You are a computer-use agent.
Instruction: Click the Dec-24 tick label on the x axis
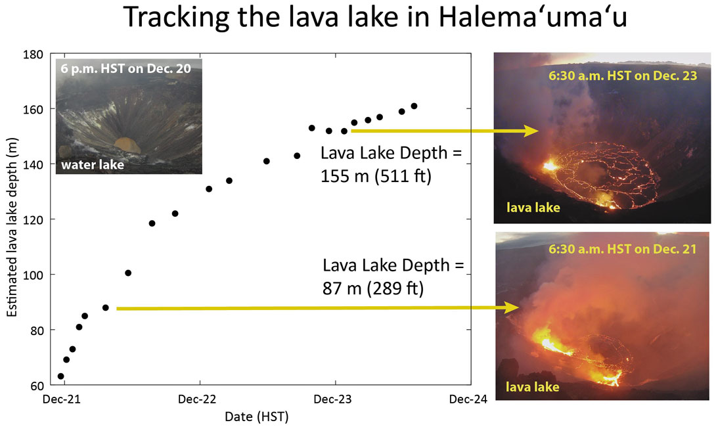tap(469, 399)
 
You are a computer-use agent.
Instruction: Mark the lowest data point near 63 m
tap(61, 376)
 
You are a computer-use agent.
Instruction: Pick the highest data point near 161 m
tap(414, 106)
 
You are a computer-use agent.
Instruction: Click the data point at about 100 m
tap(128, 273)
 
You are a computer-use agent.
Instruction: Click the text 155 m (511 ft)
tap(376, 176)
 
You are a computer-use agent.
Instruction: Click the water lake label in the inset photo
tap(93, 165)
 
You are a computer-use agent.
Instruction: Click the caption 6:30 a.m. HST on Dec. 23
tap(622, 76)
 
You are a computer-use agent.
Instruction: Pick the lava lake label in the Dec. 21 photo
tap(532, 387)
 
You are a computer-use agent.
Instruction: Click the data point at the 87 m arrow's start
tap(105, 307)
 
